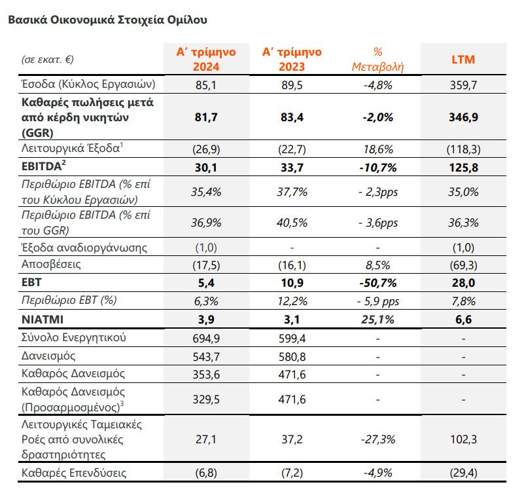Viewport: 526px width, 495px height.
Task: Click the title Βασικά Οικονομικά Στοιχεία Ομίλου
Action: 107,20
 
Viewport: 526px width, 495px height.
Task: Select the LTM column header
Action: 463,60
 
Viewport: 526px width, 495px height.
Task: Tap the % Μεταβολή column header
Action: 377,60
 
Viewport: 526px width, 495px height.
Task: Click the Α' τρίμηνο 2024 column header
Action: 206,60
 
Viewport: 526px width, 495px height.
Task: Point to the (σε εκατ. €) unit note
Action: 48,60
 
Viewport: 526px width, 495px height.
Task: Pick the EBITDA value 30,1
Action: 206,167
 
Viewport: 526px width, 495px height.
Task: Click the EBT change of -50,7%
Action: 377,283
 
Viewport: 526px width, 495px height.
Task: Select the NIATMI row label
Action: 43,319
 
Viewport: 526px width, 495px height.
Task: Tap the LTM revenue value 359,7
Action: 463,84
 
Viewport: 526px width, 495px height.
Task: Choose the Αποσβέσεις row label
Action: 51,265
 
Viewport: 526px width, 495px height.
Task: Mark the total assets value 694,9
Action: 206,338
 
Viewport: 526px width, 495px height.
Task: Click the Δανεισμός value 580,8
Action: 292,356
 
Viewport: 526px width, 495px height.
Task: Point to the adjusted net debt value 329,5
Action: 206,399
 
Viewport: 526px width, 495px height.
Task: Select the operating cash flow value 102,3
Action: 463,439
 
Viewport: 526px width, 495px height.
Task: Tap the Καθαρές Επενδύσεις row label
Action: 74,473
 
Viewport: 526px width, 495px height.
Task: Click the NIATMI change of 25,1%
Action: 377,319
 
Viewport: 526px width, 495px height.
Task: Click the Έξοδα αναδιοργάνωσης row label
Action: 84,247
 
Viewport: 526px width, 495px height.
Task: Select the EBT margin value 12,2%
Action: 292,301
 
